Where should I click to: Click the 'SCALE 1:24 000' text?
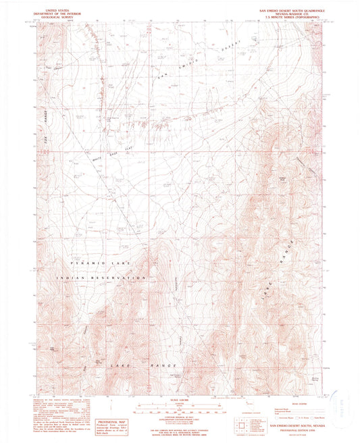tap(180, 400)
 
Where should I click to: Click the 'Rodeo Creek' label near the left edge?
tap(49, 70)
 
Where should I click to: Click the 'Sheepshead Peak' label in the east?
tap(280, 178)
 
